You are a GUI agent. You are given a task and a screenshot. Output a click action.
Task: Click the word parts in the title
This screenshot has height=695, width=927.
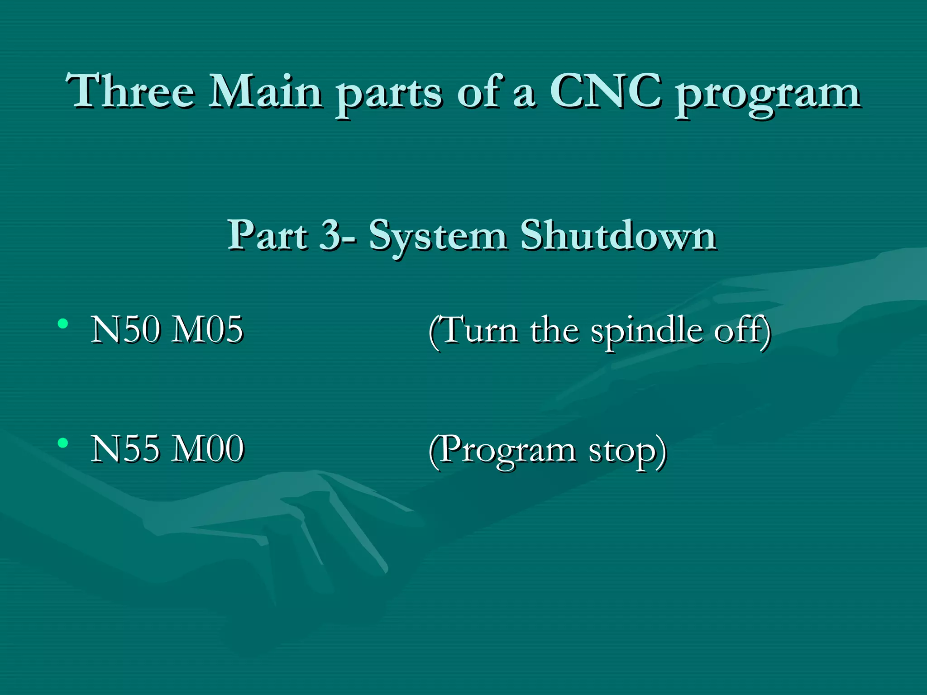click(388, 95)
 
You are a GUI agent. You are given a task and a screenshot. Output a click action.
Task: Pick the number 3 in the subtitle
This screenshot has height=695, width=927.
click(329, 235)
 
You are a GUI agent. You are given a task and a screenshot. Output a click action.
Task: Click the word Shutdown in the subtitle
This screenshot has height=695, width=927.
click(618, 235)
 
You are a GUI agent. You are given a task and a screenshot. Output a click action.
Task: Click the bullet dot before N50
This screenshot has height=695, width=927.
click(63, 324)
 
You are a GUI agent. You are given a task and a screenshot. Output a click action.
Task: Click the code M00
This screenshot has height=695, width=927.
click(208, 449)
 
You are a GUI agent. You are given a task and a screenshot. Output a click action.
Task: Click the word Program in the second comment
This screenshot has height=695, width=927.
click(507, 452)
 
